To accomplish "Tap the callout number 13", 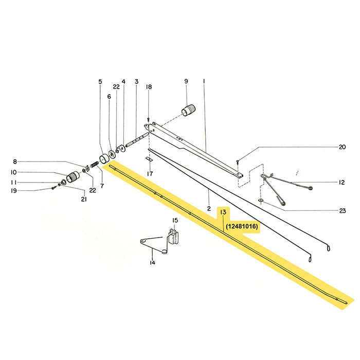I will pos(223,212).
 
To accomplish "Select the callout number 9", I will pos(186,81).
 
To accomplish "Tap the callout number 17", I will pos(150,174).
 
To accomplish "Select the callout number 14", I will pos(152,263).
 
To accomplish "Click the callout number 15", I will pos(175,220).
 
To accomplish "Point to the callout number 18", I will pos(149,87).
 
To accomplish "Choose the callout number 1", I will pos(204,81).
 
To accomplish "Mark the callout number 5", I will pos(101,81).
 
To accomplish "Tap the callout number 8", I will pos(14,161).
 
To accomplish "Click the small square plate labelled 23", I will pos(261,201).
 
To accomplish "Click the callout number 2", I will pos(209,208).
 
